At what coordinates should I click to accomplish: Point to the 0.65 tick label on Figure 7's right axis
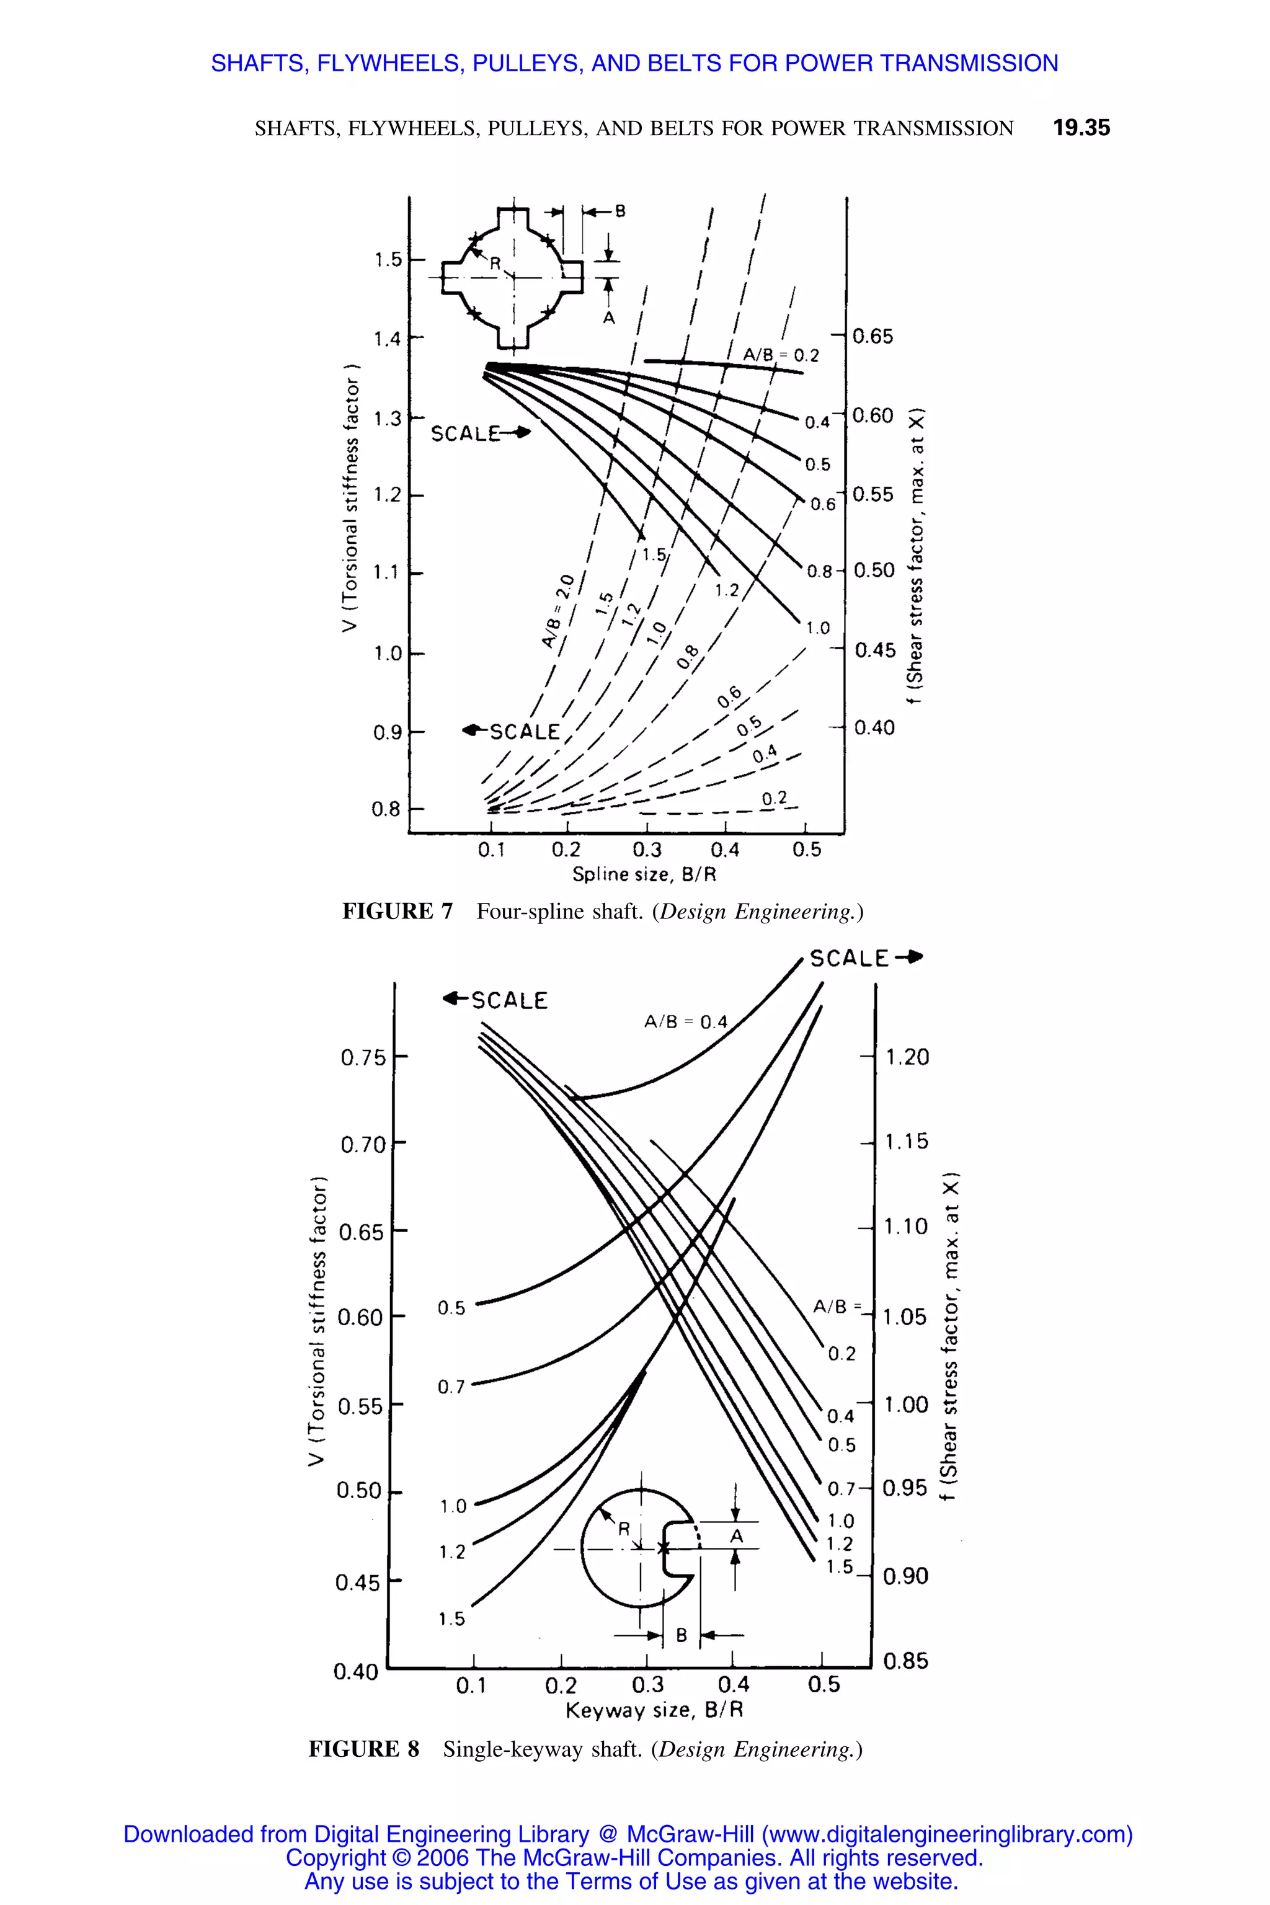coord(873,336)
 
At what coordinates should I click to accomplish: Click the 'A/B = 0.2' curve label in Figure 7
coord(781,355)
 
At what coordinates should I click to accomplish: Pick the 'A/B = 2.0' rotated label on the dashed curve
coord(558,611)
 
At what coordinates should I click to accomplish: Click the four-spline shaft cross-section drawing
coord(512,277)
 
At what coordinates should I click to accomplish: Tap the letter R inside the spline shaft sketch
coord(495,263)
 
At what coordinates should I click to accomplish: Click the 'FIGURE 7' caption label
coord(397,912)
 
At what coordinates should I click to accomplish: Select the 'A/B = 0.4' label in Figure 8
coord(685,1022)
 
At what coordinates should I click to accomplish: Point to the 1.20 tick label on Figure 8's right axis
coord(907,1057)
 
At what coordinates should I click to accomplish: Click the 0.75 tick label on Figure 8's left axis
coord(363,1059)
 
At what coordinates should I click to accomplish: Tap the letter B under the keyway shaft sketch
coord(681,1635)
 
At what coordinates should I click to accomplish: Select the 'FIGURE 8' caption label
coord(363,1749)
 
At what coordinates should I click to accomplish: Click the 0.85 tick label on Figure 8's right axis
coord(905,1662)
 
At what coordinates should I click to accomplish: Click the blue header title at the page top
coord(634,63)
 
